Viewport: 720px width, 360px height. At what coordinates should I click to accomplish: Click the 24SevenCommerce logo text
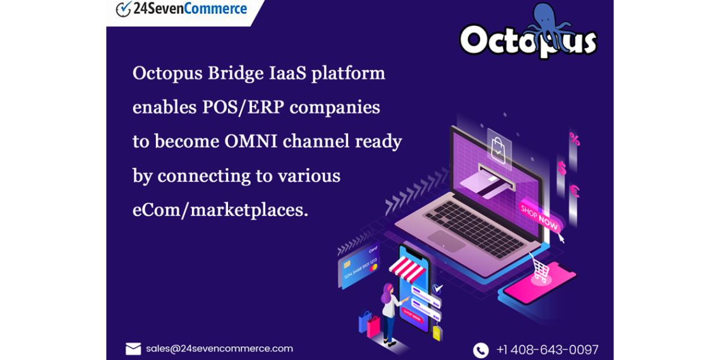(190, 9)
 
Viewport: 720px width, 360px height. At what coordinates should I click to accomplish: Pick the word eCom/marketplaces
(220, 209)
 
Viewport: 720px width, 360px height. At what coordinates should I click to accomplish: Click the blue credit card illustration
(359, 266)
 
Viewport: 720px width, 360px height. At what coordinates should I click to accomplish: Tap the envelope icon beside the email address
(133, 349)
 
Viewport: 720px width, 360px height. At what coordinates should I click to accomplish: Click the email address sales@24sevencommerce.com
(219, 349)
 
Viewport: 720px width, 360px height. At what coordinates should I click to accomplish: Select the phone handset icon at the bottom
(481, 350)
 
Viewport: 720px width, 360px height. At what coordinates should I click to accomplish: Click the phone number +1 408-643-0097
(547, 350)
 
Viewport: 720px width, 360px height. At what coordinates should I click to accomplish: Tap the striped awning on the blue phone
(407, 269)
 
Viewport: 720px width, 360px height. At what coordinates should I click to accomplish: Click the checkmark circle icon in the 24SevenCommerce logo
(123, 9)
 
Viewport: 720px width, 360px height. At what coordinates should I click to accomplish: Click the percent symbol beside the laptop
(574, 138)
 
